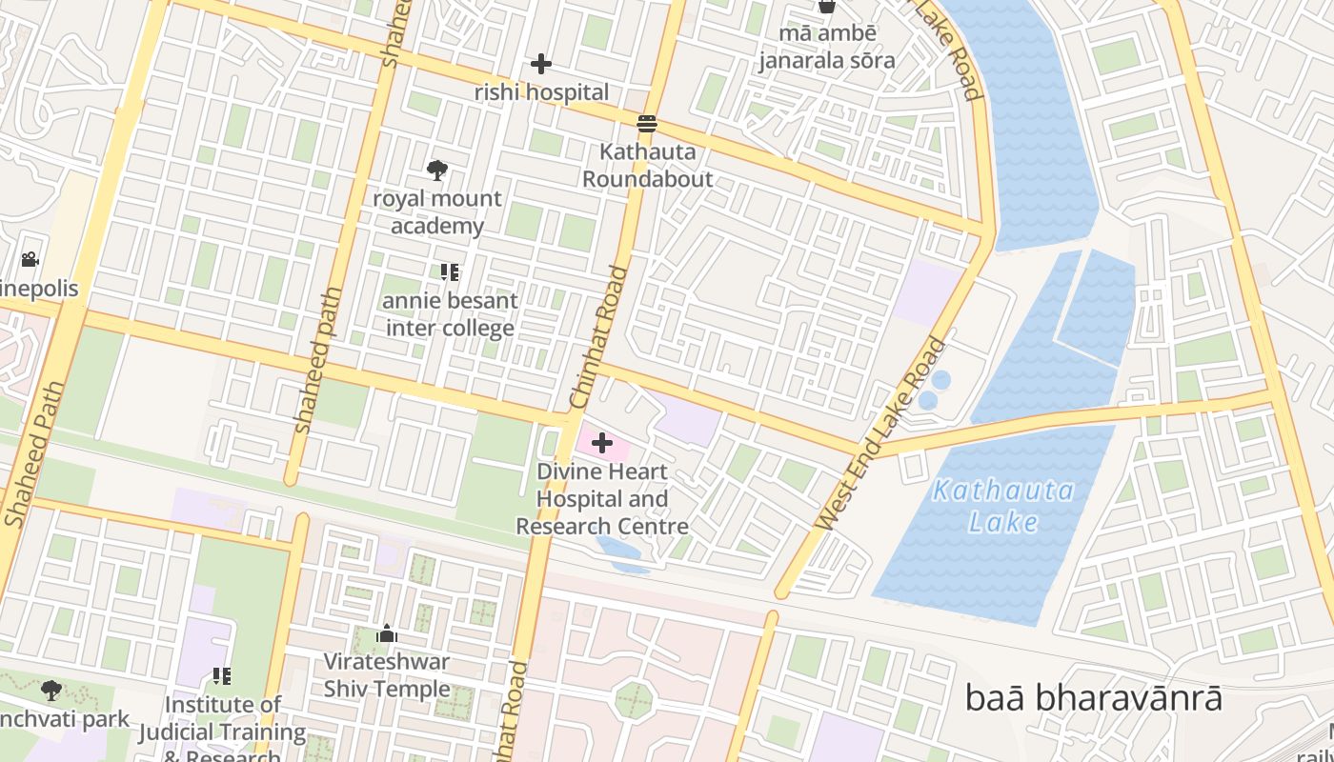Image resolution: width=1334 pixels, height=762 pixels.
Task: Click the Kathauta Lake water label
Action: click(1003, 507)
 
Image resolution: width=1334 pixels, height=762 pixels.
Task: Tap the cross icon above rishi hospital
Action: click(541, 65)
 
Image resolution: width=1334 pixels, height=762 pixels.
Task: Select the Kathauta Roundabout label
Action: click(648, 166)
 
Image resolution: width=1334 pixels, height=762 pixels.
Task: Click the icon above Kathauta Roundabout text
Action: click(647, 123)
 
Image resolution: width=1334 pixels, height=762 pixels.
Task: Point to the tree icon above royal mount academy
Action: click(436, 170)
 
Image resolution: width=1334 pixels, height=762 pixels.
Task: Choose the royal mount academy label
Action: click(437, 212)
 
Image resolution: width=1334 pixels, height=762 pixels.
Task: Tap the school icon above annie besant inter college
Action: click(450, 272)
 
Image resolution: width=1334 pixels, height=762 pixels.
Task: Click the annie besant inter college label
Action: click(451, 314)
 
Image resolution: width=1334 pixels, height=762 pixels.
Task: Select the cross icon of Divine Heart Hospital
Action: click(602, 443)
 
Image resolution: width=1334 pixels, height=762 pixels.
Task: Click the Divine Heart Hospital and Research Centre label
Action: click(602, 499)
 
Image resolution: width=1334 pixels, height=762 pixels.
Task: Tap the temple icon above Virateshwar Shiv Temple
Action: click(387, 633)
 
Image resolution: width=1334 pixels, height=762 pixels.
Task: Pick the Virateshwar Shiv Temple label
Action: click(387, 674)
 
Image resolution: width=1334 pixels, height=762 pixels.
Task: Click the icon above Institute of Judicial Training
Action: click(222, 676)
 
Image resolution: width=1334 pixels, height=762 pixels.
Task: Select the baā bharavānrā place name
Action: click(1093, 697)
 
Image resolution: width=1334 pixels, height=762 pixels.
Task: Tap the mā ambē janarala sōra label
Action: click(827, 47)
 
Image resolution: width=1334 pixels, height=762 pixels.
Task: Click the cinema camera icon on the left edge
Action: click(30, 259)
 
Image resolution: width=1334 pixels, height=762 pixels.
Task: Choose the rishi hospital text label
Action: click(541, 92)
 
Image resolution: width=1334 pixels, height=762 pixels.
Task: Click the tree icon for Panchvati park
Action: click(51, 690)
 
